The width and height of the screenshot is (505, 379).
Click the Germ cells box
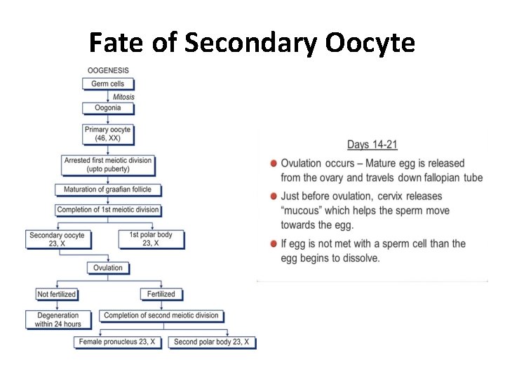coord(107,84)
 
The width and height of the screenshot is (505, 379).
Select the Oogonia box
coord(107,108)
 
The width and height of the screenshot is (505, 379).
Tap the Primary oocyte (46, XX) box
coord(107,134)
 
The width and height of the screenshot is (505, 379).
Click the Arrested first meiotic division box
coord(107,165)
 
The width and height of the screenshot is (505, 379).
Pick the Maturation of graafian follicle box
coord(107,189)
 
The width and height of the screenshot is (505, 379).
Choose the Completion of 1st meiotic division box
coord(107,210)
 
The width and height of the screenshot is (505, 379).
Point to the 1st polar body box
coord(151,239)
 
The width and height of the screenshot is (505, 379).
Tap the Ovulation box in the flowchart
coord(107,268)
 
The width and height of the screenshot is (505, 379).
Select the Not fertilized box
coord(56,294)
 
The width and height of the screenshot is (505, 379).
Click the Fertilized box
coord(161,294)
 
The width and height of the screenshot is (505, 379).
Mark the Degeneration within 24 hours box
coord(58,320)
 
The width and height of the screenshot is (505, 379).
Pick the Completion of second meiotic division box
coord(161,316)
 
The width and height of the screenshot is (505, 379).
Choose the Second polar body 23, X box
coord(211,343)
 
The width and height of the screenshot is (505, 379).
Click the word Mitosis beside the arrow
coord(123,96)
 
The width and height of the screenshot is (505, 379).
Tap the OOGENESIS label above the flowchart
coord(107,71)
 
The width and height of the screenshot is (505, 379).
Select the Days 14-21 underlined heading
coord(372,145)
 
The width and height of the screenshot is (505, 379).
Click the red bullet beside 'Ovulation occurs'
coord(272,163)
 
